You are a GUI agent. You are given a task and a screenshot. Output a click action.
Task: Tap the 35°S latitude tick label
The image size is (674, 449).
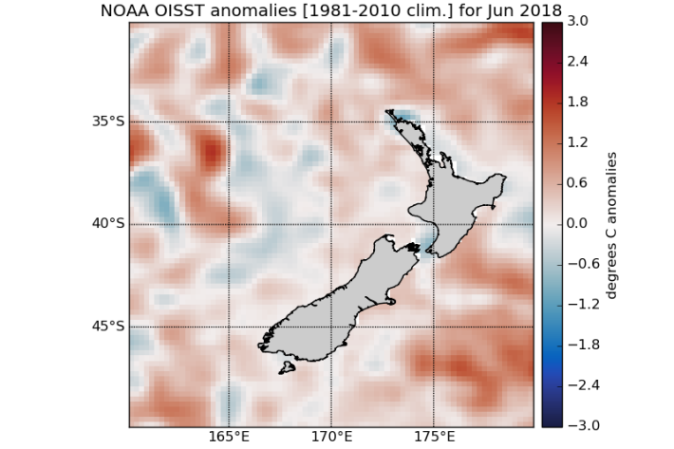(x=107, y=122)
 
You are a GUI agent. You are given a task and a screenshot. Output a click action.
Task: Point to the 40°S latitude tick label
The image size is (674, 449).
(x=107, y=224)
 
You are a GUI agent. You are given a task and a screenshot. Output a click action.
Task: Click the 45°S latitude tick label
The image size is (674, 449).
(x=107, y=327)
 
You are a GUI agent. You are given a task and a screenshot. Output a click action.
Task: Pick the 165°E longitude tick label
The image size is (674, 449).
(x=230, y=439)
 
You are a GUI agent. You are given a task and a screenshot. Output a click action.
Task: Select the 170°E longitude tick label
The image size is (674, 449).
(x=331, y=439)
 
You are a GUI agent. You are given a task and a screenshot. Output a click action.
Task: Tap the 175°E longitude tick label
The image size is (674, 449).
(x=434, y=439)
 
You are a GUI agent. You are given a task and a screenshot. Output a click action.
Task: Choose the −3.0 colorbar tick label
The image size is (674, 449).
(x=576, y=425)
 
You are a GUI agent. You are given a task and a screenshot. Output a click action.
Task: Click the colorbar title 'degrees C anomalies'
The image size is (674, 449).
(x=611, y=223)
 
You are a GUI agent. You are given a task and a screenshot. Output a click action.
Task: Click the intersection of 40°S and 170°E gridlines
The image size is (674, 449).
(x=331, y=224)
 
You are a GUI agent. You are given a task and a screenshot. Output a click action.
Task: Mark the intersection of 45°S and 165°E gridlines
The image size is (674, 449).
(x=230, y=327)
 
